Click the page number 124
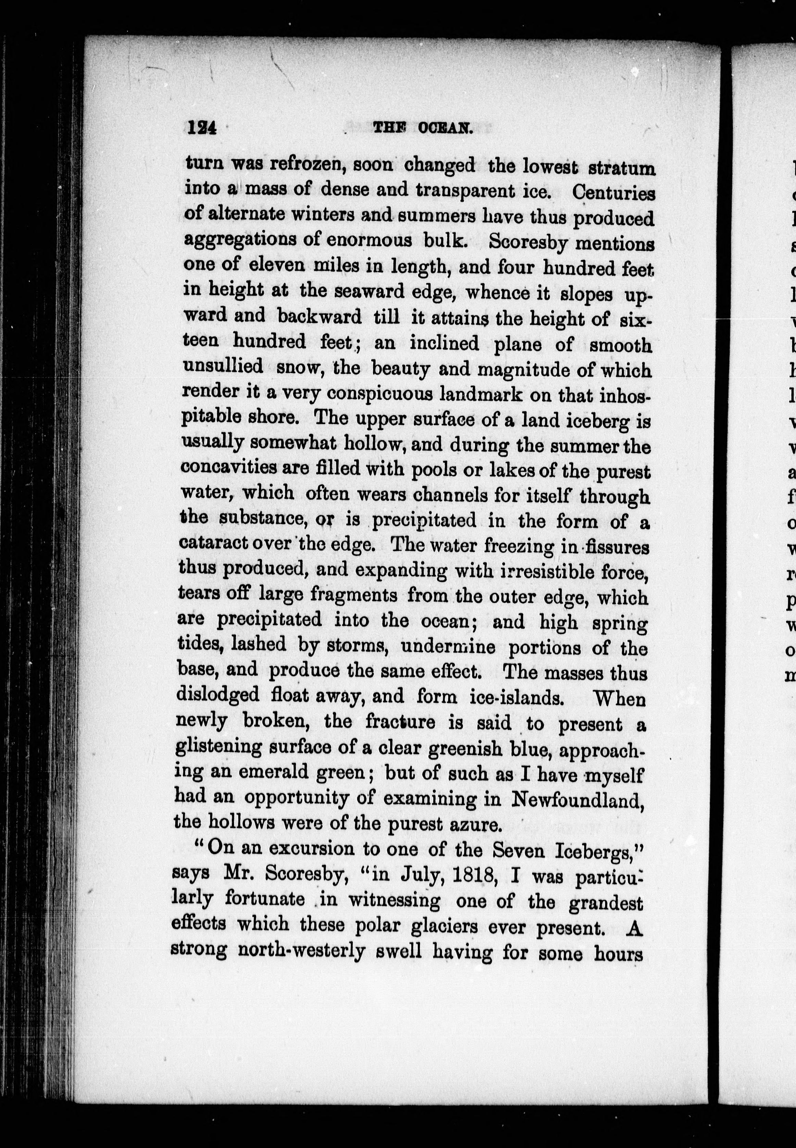(x=201, y=129)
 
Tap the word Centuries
(x=613, y=193)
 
